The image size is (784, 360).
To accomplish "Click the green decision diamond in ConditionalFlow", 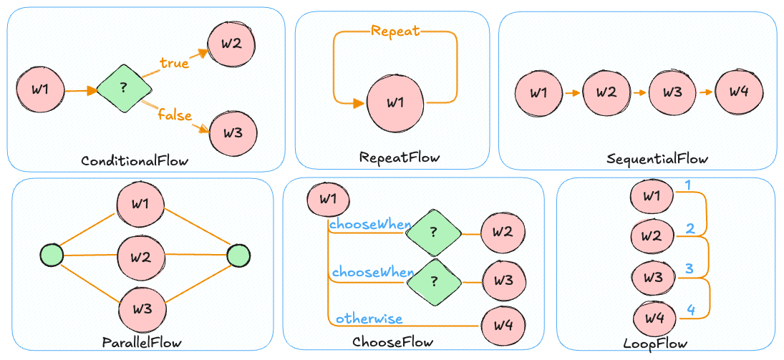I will [124, 89].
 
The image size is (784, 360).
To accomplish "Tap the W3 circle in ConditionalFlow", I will [231, 132].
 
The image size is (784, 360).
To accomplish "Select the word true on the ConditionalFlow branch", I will [174, 63].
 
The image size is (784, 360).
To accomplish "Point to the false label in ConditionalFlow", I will [174, 114].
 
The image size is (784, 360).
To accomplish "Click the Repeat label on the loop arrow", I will [395, 31].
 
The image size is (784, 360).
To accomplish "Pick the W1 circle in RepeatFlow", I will [395, 102].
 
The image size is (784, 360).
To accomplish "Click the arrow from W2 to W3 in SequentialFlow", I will [639, 92].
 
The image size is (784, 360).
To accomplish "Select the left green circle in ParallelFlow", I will [52, 255].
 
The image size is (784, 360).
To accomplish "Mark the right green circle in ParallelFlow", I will [238, 255].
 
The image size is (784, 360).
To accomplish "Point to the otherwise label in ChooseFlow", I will [369, 318].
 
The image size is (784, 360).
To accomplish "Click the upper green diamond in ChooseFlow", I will [433, 231].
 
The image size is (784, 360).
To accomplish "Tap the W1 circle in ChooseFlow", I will [328, 199].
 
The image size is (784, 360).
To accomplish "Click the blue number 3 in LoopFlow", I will [689, 269].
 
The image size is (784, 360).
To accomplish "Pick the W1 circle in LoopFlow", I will [652, 195].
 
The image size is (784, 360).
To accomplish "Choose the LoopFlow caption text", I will [656, 344].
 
